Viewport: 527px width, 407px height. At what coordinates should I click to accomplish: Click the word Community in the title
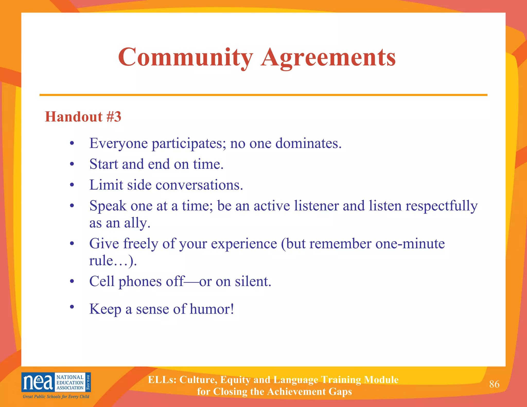click(185, 57)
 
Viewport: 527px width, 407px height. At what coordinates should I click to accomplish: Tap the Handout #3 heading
click(83, 117)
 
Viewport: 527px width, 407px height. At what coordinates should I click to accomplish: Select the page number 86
click(494, 384)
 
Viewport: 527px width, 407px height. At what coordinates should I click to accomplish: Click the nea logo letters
click(38, 383)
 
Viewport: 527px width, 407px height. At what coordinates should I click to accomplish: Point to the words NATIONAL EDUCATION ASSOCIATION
click(70, 382)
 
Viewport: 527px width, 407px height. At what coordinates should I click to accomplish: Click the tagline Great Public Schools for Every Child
click(56, 396)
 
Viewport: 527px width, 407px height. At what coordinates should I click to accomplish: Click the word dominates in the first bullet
click(308, 143)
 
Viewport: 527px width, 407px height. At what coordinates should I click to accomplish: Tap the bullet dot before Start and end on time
click(72, 164)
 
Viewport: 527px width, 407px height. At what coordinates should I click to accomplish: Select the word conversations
click(199, 185)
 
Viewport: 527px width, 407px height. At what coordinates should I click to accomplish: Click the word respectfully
click(442, 206)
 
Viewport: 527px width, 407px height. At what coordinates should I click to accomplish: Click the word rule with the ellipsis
click(113, 261)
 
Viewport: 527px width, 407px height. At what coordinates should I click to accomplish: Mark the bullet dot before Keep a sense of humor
click(72, 306)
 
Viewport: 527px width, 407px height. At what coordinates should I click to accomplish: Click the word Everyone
click(118, 143)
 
